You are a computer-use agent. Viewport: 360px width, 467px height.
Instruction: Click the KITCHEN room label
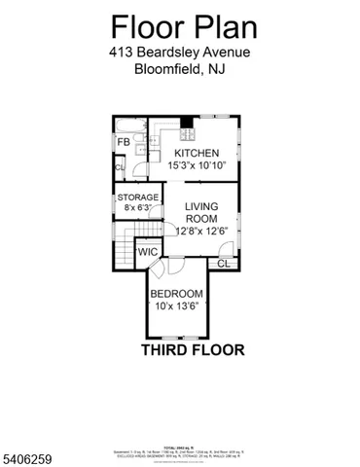click(x=197, y=154)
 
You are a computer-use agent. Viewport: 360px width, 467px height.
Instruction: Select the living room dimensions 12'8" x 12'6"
click(x=202, y=232)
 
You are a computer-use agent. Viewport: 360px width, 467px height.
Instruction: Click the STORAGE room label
click(x=138, y=198)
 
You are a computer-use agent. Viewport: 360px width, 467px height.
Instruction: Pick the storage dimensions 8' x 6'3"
click(x=138, y=209)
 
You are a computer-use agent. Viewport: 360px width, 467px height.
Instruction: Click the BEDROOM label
click(x=176, y=294)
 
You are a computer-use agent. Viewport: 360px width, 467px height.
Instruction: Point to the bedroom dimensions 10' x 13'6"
click(x=176, y=306)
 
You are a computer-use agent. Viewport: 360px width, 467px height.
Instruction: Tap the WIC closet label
click(x=148, y=253)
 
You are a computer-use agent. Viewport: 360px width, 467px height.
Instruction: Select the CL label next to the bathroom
click(x=120, y=168)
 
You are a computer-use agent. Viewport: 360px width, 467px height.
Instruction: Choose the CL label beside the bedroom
click(x=223, y=264)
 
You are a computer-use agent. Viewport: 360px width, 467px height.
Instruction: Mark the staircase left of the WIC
click(x=123, y=254)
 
